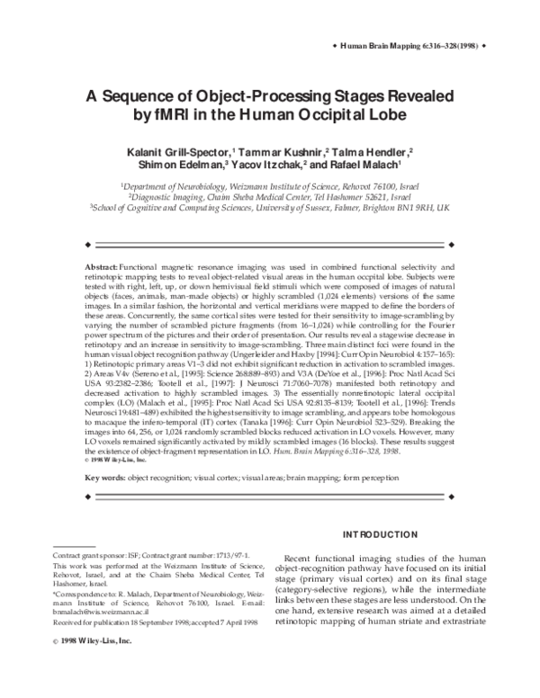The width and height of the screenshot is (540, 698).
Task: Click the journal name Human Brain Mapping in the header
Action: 390,42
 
